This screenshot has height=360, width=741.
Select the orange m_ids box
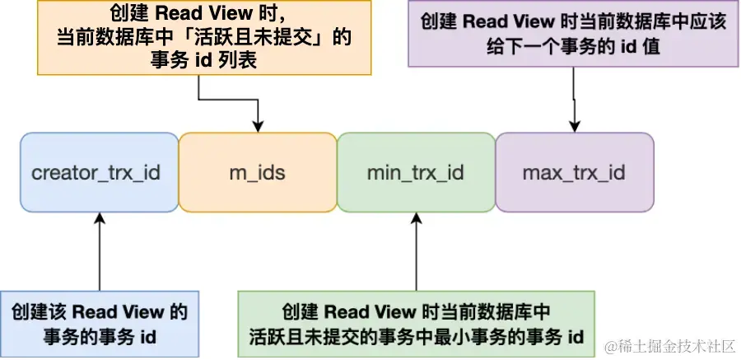pos(258,173)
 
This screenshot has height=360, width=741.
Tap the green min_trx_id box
pos(416,173)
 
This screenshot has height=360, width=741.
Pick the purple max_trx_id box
pos(574,173)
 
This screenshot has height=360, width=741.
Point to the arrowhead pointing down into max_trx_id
pos(574,125)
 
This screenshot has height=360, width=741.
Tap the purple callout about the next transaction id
pos(573,33)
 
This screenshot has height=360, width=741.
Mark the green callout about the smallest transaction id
pos(416,324)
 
